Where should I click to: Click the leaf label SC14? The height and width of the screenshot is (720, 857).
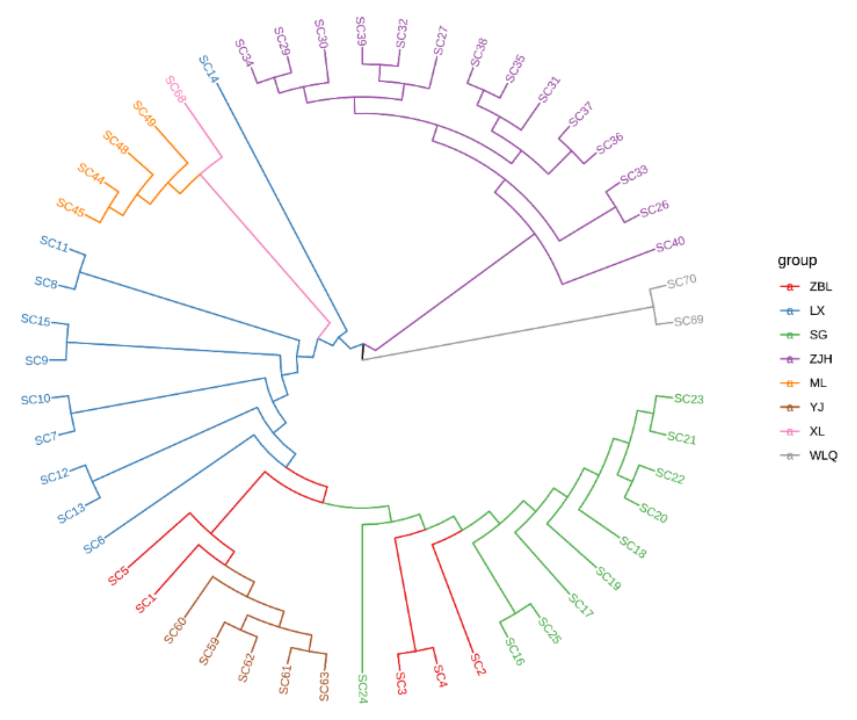[209, 69]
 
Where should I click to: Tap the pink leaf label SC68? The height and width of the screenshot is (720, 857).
[176, 89]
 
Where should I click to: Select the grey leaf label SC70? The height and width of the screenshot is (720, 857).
[682, 281]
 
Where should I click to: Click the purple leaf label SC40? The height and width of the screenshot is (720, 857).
[670, 244]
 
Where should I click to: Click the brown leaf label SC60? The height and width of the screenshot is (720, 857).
[175, 630]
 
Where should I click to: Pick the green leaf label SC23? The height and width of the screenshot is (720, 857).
[689, 399]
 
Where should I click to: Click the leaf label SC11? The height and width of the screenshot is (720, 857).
[54, 244]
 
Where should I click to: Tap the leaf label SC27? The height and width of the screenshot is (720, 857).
[441, 40]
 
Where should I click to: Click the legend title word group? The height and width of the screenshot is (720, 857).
[797, 260]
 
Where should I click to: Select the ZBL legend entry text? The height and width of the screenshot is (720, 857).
[820, 287]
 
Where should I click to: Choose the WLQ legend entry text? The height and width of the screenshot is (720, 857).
[823, 455]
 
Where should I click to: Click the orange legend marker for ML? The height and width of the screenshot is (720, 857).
[790, 383]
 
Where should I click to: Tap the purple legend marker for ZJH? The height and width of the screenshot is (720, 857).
[790, 359]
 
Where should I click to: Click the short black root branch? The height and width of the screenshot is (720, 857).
[362, 352]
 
